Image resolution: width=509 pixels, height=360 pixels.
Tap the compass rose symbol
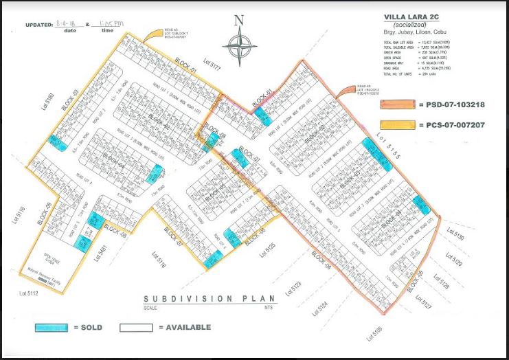pyautogui.click(x=240, y=48)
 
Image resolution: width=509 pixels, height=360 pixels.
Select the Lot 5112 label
pyautogui.click(x=28, y=295)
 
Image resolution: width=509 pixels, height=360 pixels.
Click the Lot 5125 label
pyautogui.click(x=267, y=250)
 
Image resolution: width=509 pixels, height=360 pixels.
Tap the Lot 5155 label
pyautogui.click(x=383, y=148)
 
